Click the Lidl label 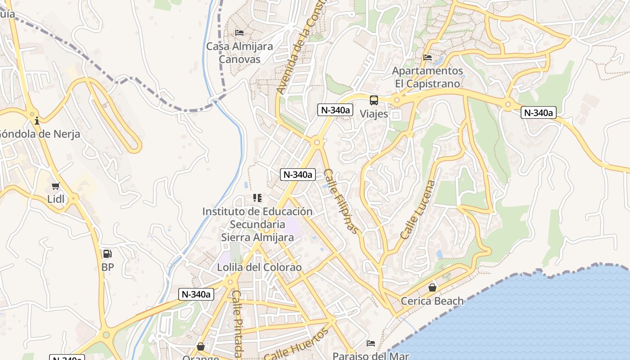click(56, 199)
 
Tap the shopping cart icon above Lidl click(56, 186)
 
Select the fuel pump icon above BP click(107, 254)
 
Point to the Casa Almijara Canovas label click(239, 53)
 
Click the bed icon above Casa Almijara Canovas click(239, 33)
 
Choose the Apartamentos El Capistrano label click(427, 77)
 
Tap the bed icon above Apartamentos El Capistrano click(427, 58)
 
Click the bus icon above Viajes click(374, 100)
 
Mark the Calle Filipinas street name click(342, 201)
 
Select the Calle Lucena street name click(418, 210)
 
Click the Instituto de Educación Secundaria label click(257, 224)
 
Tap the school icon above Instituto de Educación click(257, 198)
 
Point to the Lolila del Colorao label click(259, 267)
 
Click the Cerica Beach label click(432, 301)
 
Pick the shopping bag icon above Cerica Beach click(432, 287)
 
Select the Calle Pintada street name click(237, 323)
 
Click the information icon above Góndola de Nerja click(37, 121)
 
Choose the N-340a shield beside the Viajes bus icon click(335, 110)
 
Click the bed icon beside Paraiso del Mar click(371, 343)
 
